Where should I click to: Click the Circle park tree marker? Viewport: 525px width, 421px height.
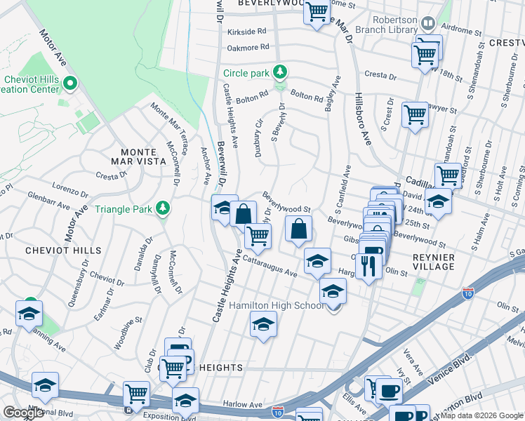tap(280, 72)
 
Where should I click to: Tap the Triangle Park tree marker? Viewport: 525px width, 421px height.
tap(163, 208)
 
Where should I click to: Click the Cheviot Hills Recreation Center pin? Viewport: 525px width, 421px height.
tap(69, 84)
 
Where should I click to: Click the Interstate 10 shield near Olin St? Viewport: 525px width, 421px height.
tap(467, 290)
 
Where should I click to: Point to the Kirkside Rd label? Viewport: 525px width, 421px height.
tap(243, 32)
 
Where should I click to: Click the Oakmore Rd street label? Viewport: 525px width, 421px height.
tap(248, 48)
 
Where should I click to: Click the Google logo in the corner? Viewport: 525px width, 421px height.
tap(23, 413)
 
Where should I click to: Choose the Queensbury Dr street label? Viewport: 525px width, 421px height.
tap(77, 289)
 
